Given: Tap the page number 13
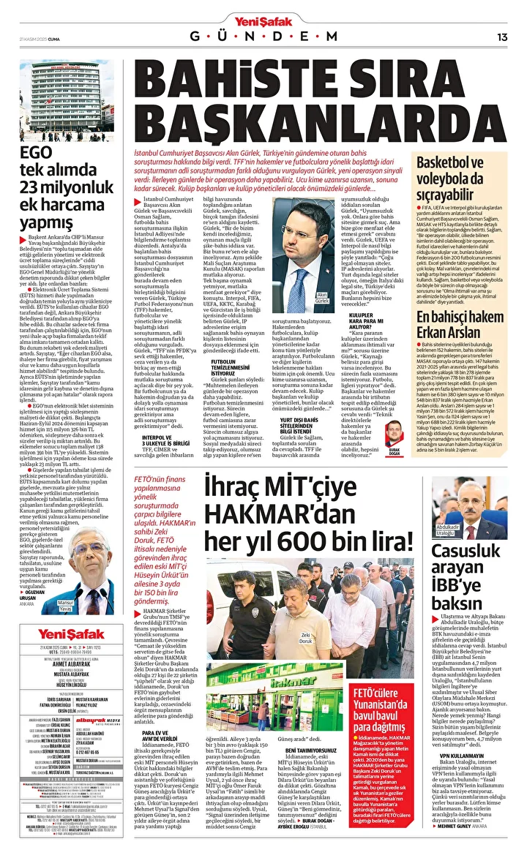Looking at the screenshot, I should [502, 37].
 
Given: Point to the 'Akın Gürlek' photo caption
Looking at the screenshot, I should [322, 297].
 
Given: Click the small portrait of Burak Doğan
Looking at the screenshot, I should [394, 432].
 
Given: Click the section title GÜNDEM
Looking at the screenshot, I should [264, 37].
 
